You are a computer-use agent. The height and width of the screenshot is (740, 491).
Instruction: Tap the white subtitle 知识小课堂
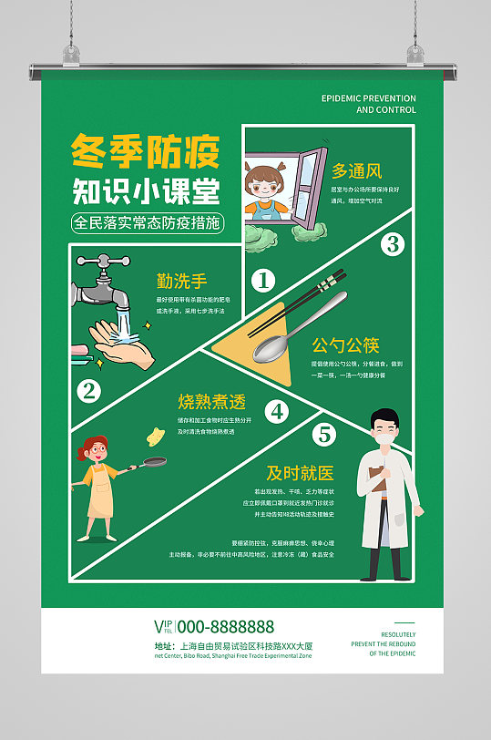click(145, 191)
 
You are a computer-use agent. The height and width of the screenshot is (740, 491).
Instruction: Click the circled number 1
click(263, 280)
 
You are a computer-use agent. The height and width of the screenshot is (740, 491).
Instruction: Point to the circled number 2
click(88, 391)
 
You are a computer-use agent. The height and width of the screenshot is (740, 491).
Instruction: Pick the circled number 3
click(392, 243)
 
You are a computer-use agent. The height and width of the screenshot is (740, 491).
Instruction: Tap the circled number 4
click(277, 412)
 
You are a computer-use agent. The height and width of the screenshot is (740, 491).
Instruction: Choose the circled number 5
click(323, 434)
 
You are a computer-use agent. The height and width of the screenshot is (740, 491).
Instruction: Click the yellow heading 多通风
click(356, 170)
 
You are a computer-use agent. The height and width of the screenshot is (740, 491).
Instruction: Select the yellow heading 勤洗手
click(181, 282)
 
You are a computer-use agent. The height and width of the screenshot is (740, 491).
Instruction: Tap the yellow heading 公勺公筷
click(345, 345)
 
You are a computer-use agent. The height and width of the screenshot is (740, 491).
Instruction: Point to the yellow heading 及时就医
click(300, 473)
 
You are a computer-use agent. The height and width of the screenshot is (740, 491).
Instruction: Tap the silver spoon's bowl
click(271, 347)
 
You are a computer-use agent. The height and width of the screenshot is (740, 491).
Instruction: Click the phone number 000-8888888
click(225, 626)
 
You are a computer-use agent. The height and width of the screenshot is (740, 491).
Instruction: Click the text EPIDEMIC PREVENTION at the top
click(369, 98)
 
